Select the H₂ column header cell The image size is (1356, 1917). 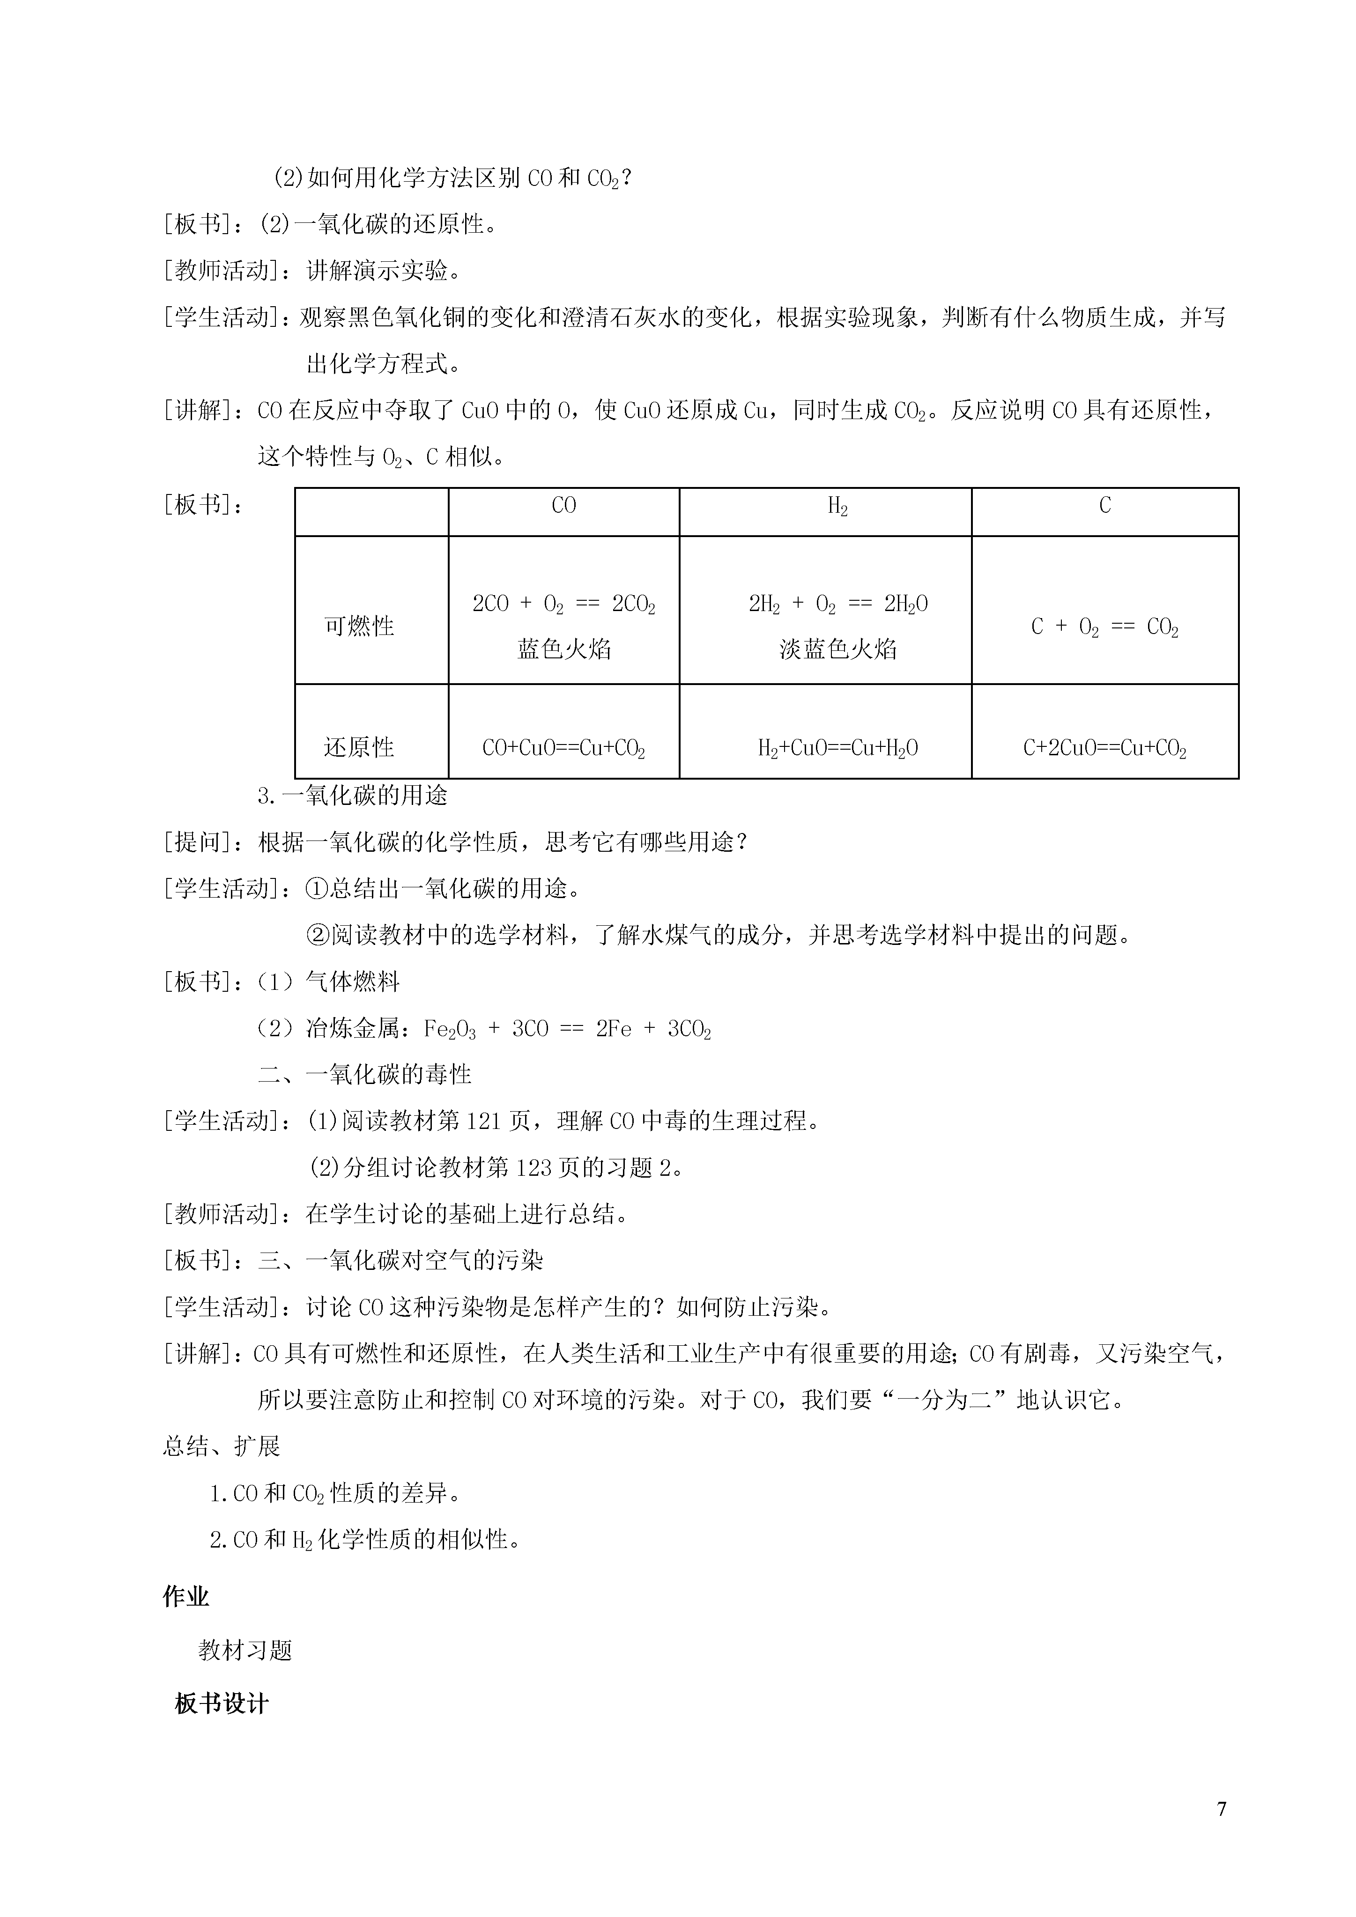(x=837, y=507)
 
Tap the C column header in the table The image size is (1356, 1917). (x=1104, y=506)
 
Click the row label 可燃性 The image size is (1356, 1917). (x=359, y=626)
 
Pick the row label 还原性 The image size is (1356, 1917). (x=359, y=747)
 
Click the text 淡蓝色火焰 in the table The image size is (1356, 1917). (x=837, y=649)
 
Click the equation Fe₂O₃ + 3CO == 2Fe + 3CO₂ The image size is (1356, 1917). (x=568, y=1030)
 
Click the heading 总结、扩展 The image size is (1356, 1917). (x=221, y=1446)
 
